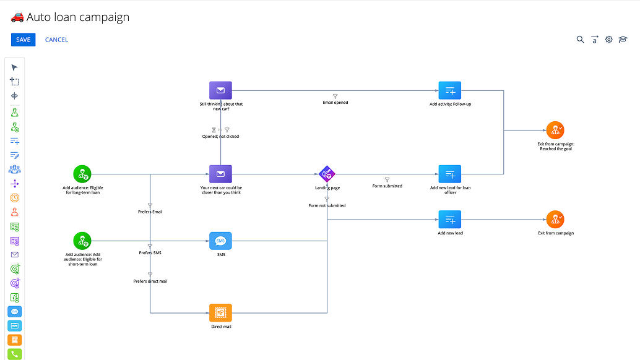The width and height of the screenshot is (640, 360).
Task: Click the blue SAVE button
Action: (x=23, y=40)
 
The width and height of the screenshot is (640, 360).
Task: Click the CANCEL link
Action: (x=56, y=40)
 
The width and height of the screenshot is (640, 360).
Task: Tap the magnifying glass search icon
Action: (x=580, y=40)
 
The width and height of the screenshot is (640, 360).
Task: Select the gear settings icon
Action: (x=608, y=40)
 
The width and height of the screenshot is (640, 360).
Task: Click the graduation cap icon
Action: (x=623, y=40)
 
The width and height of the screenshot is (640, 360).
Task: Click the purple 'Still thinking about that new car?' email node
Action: (x=220, y=90)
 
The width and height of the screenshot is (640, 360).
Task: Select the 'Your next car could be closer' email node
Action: (x=220, y=174)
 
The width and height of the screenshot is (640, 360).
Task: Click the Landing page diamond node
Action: (x=327, y=174)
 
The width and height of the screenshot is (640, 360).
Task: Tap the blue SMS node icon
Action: (x=220, y=241)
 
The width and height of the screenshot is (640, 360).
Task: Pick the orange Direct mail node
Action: (x=220, y=313)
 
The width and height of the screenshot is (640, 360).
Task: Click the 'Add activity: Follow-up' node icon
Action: (x=450, y=90)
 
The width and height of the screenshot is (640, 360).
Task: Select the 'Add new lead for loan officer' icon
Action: (x=450, y=174)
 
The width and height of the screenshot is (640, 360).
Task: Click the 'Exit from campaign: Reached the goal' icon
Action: (x=555, y=130)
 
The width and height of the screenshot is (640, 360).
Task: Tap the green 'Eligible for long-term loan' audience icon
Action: (x=82, y=174)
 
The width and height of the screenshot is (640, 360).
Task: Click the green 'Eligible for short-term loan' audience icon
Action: (x=82, y=241)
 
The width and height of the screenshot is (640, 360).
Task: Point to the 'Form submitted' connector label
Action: (x=387, y=186)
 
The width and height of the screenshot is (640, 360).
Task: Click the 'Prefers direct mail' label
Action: (x=150, y=281)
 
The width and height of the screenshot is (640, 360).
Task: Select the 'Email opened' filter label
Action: (x=335, y=102)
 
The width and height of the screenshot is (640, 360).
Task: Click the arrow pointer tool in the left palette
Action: (x=15, y=67)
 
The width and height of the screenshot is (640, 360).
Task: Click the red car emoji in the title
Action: (x=17, y=17)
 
